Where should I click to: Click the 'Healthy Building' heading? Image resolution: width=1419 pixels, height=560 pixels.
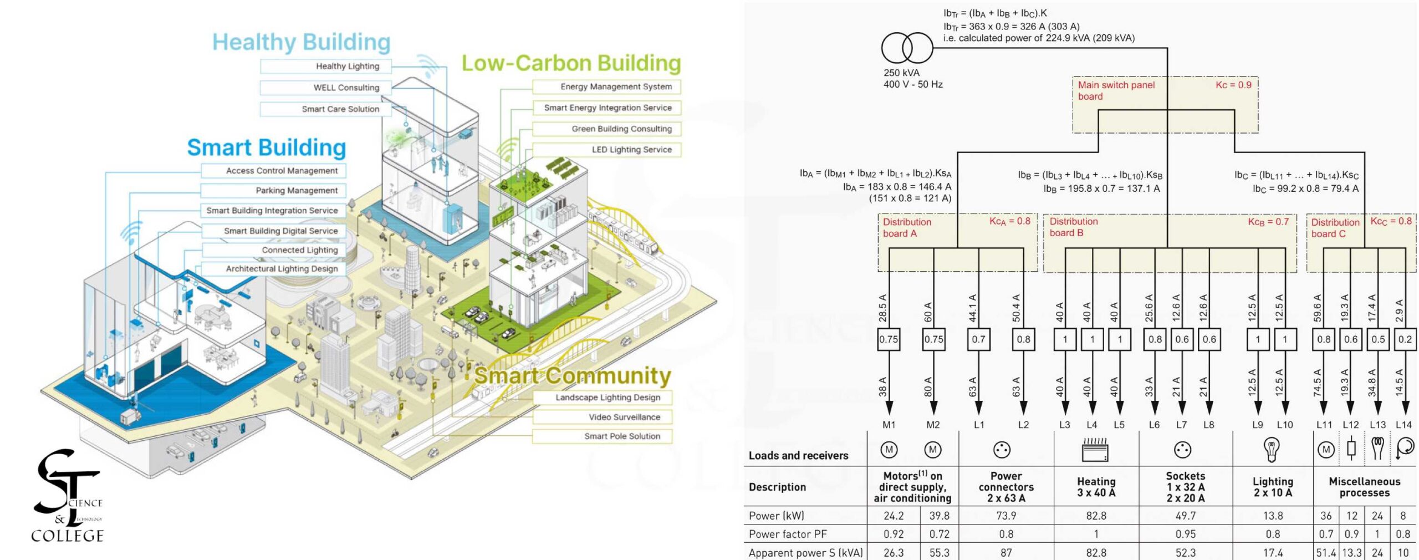(301, 42)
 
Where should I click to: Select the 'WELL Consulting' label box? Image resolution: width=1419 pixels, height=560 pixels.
(326, 88)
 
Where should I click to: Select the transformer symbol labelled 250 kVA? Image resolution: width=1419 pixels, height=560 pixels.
(907, 48)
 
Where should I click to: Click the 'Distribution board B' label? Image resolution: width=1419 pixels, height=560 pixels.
(1073, 227)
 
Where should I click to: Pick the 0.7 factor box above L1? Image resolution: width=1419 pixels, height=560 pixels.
(978, 339)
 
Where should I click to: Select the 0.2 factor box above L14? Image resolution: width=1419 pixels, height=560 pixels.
(1405, 339)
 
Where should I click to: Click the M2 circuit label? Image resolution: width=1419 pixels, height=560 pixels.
(933, 425)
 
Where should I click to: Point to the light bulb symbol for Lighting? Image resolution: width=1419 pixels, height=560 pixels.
(1272, 450)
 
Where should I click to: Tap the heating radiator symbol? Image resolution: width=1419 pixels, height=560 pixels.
(1095, 450)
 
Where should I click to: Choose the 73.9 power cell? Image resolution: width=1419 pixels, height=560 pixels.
(1005, 516)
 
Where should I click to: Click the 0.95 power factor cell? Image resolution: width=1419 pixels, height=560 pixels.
(1185, 534)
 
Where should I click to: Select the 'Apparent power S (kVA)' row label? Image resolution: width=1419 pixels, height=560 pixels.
(805, 553)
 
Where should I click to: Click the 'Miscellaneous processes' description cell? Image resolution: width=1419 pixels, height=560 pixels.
(1364, 487)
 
